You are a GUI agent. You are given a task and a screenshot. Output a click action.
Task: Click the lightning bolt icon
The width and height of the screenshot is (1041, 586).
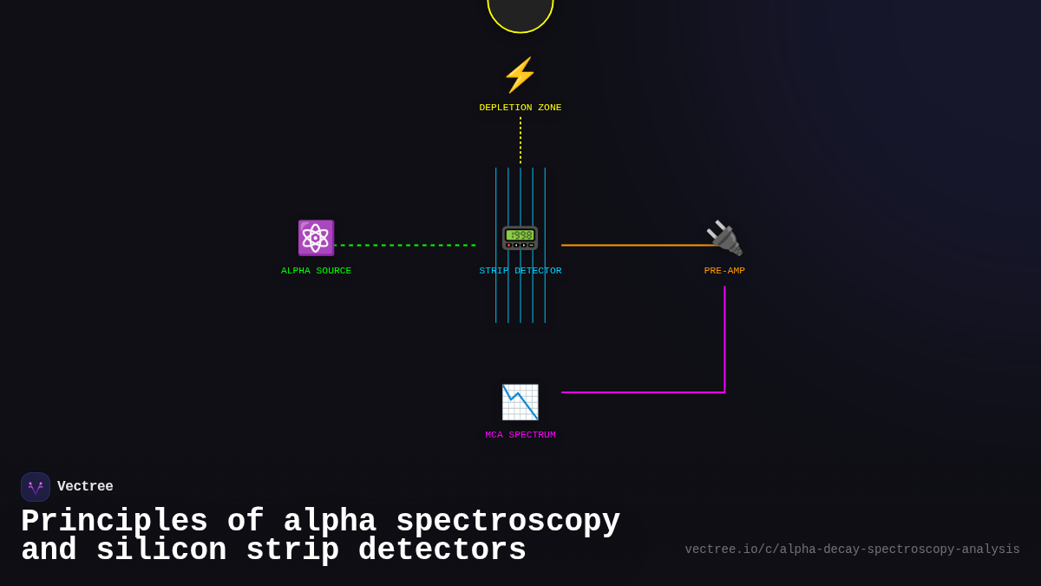pos(520,75)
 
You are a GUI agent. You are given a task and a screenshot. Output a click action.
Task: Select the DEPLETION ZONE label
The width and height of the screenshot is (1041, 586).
pos(520,108)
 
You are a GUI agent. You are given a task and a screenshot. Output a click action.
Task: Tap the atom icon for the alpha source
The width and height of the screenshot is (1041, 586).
pos(316,238)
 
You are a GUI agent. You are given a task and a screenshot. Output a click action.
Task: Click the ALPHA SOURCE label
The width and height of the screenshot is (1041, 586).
pos(316,271)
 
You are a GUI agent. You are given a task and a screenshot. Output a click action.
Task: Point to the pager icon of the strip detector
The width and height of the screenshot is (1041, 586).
pos(520,238)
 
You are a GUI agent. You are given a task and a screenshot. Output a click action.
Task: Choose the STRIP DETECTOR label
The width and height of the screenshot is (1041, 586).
pos(520,271)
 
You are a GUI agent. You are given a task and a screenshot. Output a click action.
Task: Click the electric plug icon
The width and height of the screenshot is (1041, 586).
pos(724,238)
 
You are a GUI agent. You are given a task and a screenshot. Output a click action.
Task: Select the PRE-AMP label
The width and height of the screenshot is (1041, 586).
pos(724,271)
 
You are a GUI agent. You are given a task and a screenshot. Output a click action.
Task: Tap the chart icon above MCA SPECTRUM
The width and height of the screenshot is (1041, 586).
pos(520,402)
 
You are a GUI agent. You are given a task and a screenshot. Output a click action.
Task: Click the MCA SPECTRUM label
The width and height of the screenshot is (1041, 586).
pos(520,435)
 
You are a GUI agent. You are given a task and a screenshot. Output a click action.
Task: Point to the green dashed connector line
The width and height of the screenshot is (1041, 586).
pos(405,245)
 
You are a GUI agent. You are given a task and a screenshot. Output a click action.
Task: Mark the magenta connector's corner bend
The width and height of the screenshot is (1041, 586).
pos(724,392)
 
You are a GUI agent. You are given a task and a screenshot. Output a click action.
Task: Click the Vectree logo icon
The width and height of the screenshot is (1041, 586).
pos(36,487)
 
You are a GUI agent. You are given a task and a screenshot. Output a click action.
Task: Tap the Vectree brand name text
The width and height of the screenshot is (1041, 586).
pos(85,487)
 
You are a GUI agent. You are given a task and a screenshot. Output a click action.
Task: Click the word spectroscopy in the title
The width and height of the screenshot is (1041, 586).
pos(507,522)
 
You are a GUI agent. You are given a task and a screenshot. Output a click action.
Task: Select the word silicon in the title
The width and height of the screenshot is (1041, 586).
pos(161,550)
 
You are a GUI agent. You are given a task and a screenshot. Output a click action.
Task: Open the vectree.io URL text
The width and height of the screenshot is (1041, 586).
pos(852,550)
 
